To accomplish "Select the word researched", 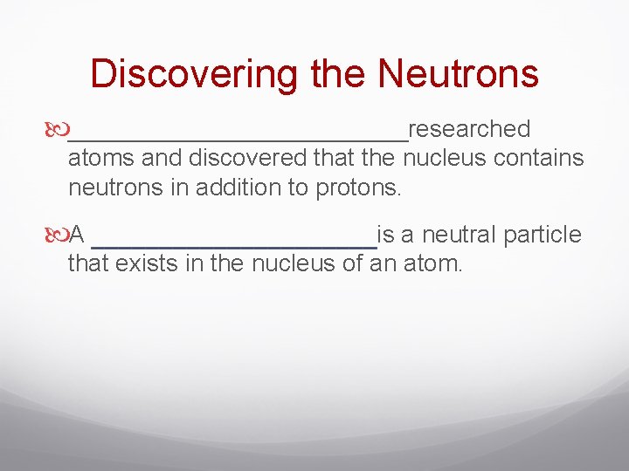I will (469, 129).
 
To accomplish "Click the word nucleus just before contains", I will (445, 159).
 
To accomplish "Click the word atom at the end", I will (432, 263).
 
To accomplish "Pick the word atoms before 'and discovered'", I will (98, 159).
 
